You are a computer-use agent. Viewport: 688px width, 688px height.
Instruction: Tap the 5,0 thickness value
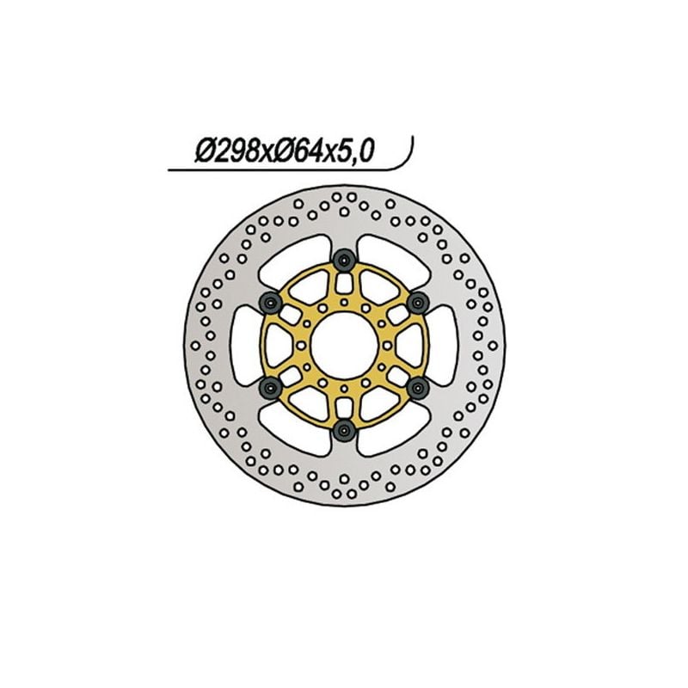[x=354, y=152]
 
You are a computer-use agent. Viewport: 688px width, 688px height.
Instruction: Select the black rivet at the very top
[x=345, y=258]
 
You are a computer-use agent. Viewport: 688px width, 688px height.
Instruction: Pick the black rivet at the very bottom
[x=345, y=429]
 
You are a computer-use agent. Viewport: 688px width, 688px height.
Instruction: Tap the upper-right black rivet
[x=419, y=300]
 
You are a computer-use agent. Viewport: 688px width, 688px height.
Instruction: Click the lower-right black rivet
[x=419, y=387]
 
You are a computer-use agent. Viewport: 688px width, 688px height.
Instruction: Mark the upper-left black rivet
[x=271, y=300]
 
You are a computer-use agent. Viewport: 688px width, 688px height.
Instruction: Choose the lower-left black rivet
[x=271, y=387]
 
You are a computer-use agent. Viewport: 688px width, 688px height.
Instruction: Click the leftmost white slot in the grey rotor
[x=243, y=343]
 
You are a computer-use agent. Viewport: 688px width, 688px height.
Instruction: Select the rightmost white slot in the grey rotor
[x=445, y=343]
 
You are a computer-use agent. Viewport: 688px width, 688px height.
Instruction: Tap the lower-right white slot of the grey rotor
[x=396, y=431]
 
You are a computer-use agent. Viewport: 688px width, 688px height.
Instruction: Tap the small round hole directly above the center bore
[x=344, y=303]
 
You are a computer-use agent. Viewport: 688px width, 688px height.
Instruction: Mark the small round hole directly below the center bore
[x=344, y=384]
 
